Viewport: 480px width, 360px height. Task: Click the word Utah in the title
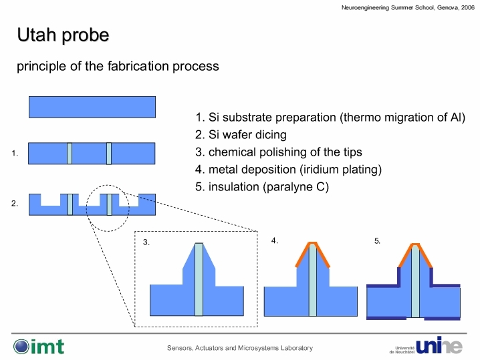[37, 35]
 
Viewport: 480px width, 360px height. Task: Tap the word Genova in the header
[447, 7]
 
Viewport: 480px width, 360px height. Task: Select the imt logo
[39, 347]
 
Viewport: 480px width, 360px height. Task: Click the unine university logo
[426, 346]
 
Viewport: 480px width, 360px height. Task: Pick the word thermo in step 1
[360, 118]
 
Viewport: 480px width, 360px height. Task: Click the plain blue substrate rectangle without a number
[92, 107]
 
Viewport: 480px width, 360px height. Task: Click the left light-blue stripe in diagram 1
[70, 153]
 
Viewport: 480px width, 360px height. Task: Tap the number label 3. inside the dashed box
[146, 242]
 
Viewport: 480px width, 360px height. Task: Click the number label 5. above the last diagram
[378, 241]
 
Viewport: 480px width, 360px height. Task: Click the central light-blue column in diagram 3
[199, 280]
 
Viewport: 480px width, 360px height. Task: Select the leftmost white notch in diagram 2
[51, 200]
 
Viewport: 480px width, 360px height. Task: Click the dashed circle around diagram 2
[86, 208]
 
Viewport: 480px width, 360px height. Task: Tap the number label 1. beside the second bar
[15, 153]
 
